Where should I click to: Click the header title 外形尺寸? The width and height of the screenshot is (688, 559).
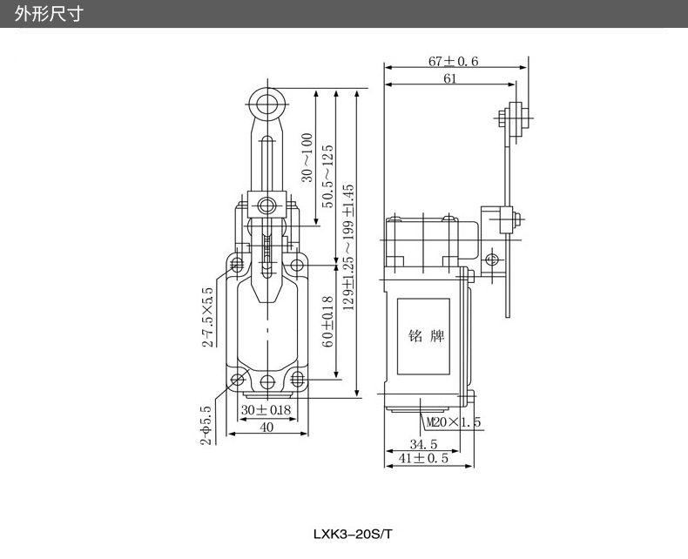(x=49, y=15)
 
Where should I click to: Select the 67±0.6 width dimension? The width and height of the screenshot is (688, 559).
(x=453, y=61)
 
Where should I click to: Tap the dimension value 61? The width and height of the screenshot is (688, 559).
(x=450, y=78)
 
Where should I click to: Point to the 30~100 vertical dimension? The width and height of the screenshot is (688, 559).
(x=307, y=158)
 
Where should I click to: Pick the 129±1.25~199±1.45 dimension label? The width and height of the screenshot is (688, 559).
(x=349, y=246)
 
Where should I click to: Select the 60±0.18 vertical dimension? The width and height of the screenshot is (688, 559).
(x=327, y=322)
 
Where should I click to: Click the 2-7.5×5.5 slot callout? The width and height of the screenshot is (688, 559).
(x=207, y=317)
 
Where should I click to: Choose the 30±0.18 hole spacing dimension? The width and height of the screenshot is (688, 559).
(x=266, y=410)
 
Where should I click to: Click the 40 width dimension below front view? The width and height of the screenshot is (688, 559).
(x=266, y=427)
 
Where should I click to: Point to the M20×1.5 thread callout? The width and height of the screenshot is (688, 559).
(x=454, y=423)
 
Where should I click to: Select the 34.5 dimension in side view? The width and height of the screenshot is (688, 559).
(x=423, y=444)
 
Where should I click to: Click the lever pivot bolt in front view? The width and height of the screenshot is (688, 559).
(x=265, y=207)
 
